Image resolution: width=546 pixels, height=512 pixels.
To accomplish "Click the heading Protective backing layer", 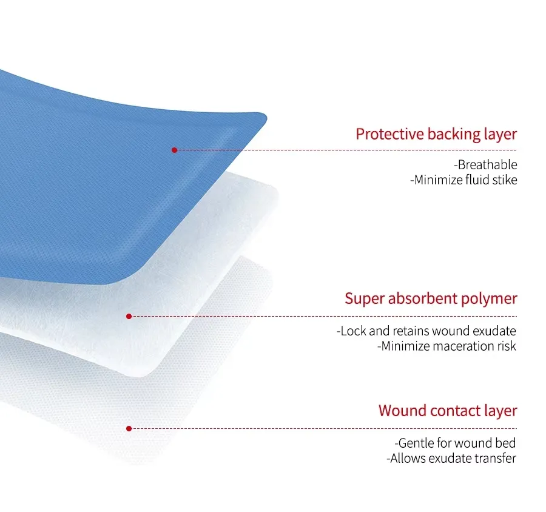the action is [436, 135].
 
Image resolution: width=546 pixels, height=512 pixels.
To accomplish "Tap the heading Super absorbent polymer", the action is [431, 299].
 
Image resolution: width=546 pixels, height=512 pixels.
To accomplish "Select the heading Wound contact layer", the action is [448, 411].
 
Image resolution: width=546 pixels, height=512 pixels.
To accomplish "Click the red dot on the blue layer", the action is [175, 150].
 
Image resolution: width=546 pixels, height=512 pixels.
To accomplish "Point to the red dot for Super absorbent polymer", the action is [129, 316].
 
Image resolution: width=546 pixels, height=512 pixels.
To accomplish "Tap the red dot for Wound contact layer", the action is [129, 428].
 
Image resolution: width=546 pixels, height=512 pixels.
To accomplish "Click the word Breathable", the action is [487, 165].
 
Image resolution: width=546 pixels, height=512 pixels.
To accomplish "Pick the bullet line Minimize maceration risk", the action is [447, 346].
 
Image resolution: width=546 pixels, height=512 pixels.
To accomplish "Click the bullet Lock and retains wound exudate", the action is [426, 331].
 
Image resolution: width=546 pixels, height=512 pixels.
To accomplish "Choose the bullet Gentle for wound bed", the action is [456, 443].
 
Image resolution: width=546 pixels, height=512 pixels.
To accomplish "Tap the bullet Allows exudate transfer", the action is [451, 459].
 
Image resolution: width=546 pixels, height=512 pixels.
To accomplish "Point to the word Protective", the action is [389, 134].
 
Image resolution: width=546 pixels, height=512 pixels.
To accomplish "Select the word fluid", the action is [477, 180].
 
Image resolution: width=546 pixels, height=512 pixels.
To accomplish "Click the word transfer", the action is [496, 459].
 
